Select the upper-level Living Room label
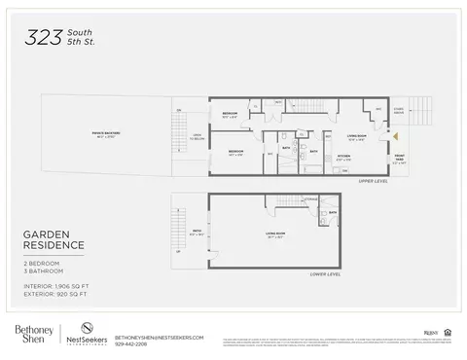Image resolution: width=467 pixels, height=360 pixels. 355,137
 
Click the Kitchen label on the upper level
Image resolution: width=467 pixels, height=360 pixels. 342,156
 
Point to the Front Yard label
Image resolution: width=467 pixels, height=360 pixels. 400,158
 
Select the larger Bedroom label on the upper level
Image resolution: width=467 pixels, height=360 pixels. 236,153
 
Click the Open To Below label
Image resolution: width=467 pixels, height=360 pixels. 196,137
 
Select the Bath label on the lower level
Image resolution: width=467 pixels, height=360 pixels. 332,212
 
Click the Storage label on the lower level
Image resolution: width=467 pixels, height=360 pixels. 310,199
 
